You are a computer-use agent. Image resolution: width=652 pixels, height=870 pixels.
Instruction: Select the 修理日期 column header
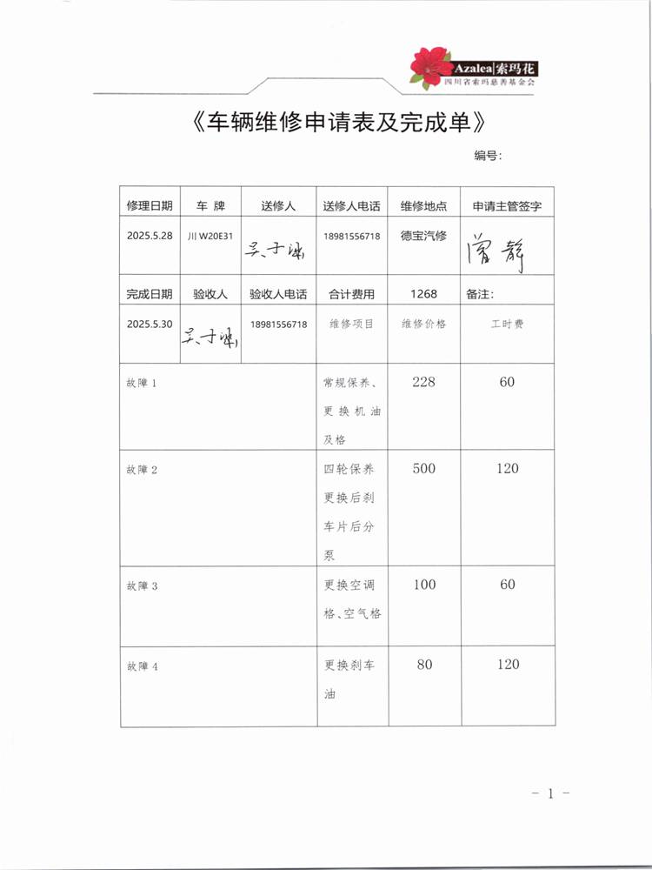click(x=150, y=206)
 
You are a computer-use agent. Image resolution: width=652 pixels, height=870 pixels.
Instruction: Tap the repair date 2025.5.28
click(x=150, y=236)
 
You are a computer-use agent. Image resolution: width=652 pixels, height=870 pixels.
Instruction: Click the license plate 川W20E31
click(x=210, y=236)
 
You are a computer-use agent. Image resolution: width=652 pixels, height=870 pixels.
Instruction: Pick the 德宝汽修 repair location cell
click(x=423, y=235)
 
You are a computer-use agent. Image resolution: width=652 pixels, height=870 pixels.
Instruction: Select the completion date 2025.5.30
click(x=150, y=324)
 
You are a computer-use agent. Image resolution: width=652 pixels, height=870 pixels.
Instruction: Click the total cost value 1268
click(x=423, y=294)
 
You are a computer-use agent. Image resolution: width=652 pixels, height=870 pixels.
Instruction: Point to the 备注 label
click(x=480, y=294)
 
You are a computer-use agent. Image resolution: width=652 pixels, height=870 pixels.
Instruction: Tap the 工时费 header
click(x=507, y=324)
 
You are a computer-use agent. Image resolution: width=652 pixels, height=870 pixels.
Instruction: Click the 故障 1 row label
click(x=142, y=383)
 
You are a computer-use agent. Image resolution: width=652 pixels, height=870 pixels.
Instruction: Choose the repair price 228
click(x=423, y=382)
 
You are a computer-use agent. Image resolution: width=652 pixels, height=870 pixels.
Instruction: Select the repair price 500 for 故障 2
click(x=423, y=469)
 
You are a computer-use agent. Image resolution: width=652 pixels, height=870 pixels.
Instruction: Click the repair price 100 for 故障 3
click(x=424, y=585)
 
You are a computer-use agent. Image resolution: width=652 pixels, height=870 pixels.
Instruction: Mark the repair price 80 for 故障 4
click(x=424, y=665)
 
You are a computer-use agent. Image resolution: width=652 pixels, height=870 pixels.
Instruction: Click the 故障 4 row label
click(x=142, y=666)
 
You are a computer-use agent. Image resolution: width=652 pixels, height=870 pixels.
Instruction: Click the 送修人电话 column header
click(x=351, y=206)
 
